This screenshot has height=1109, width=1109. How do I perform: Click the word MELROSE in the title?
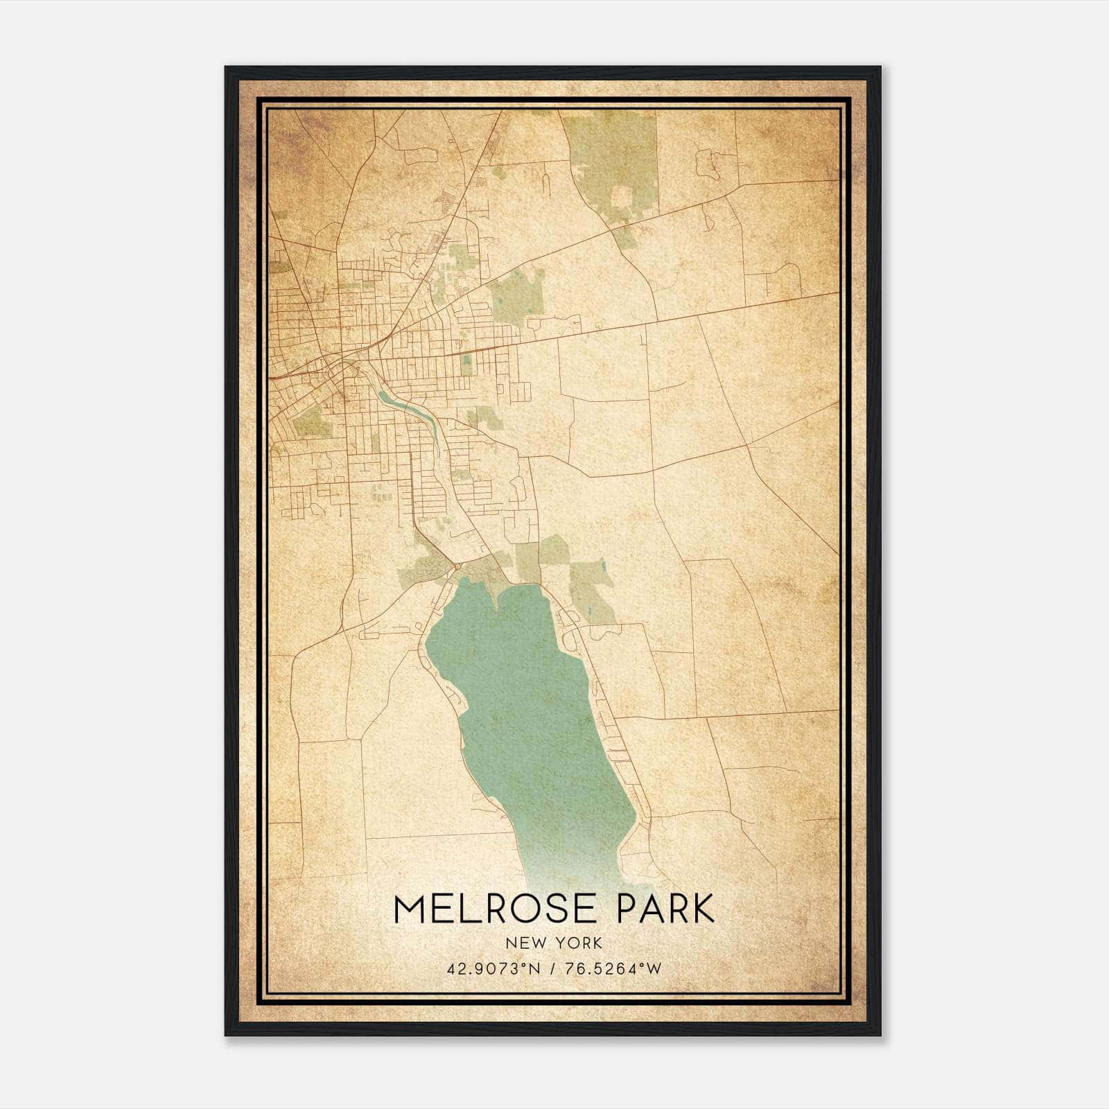tap(494, 909)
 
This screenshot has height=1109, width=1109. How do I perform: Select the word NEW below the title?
tap(523, 943)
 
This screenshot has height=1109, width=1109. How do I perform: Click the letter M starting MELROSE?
tap(410, 909)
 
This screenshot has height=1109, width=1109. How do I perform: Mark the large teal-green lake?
tap(534, 707)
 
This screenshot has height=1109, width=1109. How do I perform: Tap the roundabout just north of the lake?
tap(457, 568)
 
